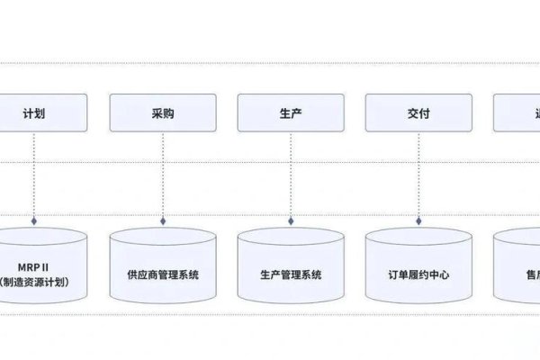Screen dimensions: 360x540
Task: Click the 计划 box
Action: click(35, 114)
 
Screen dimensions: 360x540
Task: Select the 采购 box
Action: click(163, 114)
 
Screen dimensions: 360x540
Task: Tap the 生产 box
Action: click(291, 114)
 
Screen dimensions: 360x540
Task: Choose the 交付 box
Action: click(418, 114)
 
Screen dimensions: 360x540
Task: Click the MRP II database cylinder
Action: click(36, 265)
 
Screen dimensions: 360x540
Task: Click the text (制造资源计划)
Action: click(36, 282)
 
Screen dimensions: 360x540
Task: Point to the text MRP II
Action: click(36, 265)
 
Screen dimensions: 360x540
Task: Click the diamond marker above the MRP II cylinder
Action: click(35, 219)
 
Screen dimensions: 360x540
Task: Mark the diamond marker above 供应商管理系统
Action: click(163, 219)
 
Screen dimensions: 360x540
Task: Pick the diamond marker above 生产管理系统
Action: click(291, 219)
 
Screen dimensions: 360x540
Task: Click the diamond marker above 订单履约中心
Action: click(418, 219)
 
